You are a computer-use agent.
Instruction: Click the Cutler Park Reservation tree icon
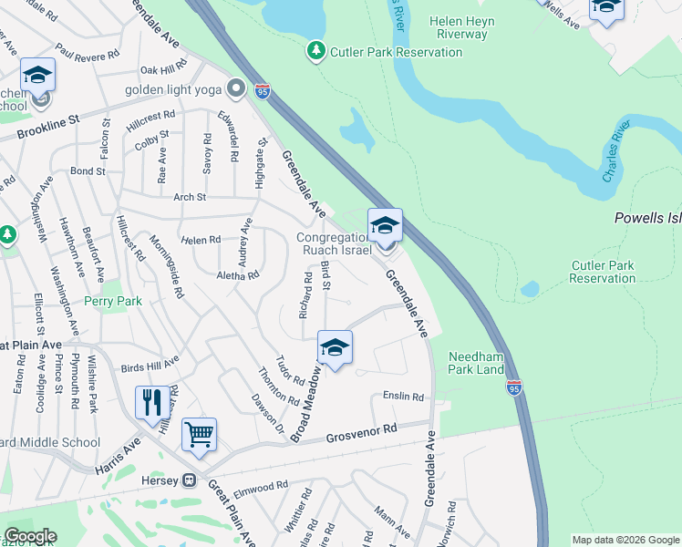[316, 51]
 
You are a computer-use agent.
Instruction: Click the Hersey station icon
[190, 480]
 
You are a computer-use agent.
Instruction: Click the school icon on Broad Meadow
[335, 347]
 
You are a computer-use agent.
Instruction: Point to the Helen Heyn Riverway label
[452, 27]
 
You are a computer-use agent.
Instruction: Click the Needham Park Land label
[476, 363]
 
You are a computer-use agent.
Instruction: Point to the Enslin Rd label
[404, 397]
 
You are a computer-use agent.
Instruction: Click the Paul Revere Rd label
[87, 50]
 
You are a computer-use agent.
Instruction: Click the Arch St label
[190, 197]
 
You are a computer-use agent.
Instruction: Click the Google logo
[30, 536]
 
